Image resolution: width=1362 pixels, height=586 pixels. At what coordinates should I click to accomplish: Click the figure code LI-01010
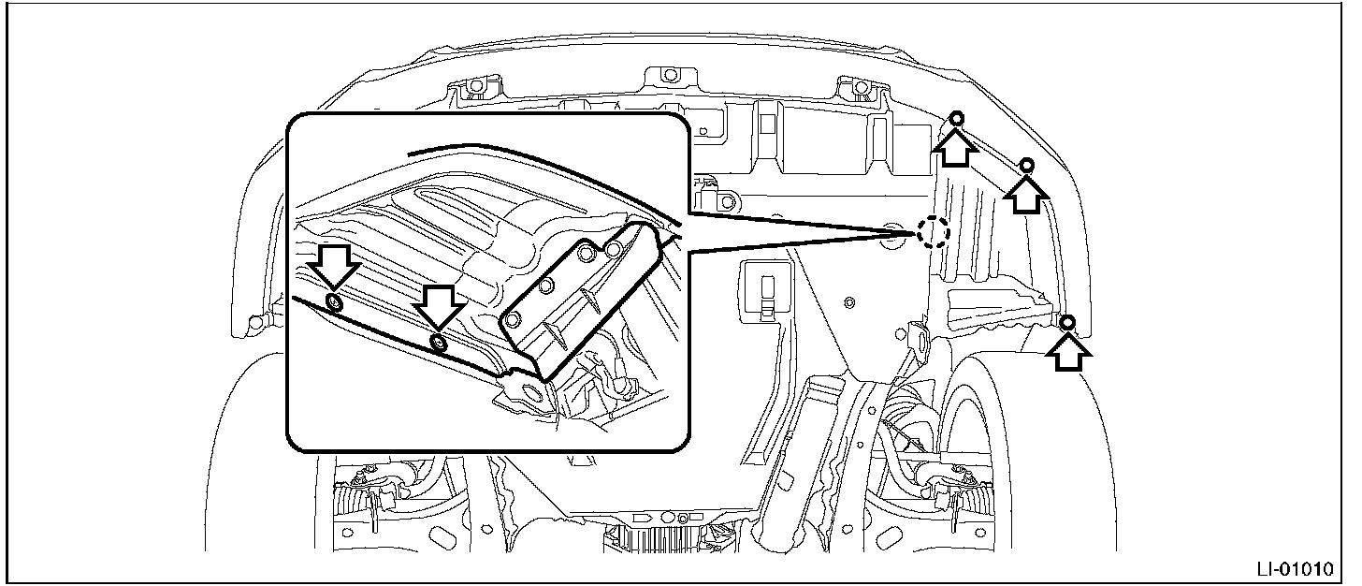coord(1301,568)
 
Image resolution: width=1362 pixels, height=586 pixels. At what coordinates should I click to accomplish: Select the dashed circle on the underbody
coord(932,231)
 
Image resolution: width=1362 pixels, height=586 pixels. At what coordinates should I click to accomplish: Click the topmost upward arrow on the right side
coord(956,146)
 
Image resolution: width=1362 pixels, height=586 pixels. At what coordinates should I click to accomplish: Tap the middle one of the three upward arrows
coord(1026,194)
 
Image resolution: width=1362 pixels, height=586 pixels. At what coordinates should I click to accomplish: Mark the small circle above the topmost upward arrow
coord(957,118)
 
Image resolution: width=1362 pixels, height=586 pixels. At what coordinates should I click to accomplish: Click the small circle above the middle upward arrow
coord(1026,166)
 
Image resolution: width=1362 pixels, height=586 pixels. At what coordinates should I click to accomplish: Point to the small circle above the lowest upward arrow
coord(1068,323)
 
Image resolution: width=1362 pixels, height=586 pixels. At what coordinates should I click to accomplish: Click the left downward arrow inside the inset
coord(334,266)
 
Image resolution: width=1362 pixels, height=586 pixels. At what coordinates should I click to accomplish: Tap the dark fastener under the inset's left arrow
coord(335,300)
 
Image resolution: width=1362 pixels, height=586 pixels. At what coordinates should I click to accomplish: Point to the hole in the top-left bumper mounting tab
coord(474,87)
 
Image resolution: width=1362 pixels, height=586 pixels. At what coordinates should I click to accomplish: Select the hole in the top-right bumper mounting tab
coord(857,87)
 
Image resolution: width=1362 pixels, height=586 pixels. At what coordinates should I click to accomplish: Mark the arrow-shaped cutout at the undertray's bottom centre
coord(645,516)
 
